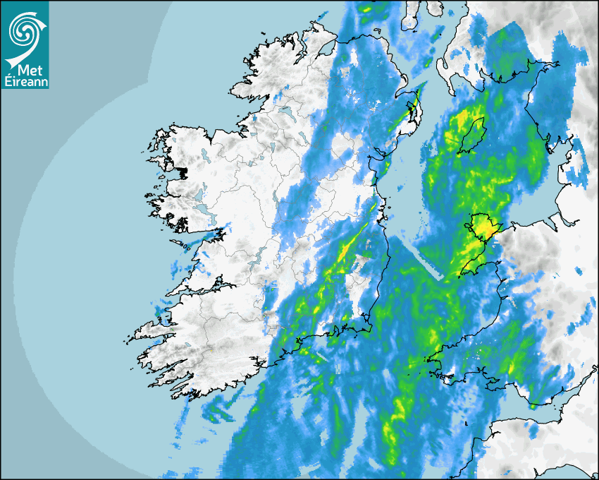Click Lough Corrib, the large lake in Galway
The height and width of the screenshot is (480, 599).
coord(200,193)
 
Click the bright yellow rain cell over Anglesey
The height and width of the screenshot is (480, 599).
coord(485,227)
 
